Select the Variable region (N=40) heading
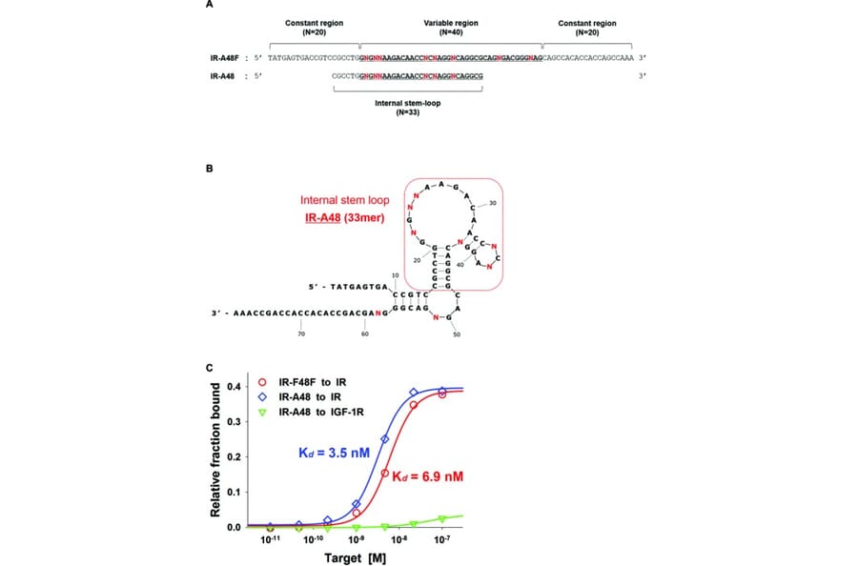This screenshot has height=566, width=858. click(x=450, y=26)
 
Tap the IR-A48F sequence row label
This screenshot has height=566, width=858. click(x=228, y=58)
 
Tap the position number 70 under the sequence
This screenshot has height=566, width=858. click(x=300, y=334)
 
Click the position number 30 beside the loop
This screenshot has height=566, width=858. click(x=493, y=203)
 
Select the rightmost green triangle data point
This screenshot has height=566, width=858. click(x=442, y=518)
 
